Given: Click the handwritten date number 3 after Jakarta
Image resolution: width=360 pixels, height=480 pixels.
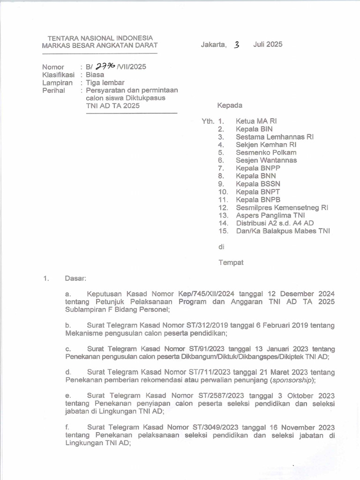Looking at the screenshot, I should [x=237, y=45].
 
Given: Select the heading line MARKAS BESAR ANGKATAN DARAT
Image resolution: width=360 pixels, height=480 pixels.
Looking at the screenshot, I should [x=100, y=45].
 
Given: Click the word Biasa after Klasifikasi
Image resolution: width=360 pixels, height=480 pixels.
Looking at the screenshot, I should [x=95, y=75].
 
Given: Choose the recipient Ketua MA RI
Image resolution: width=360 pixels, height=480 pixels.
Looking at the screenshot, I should [x=256, y=121].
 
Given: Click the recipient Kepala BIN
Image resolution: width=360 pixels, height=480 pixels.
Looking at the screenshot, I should [x=254, y=129].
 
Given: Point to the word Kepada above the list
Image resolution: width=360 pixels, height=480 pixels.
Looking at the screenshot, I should [x=230, y=105].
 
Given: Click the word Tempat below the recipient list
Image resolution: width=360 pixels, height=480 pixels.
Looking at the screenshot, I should [x=231, y=262].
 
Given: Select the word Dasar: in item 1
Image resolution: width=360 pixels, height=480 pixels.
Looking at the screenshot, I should [x=75, y=279].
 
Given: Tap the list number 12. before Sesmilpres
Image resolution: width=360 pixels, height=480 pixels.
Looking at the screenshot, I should [x=223, y=207].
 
